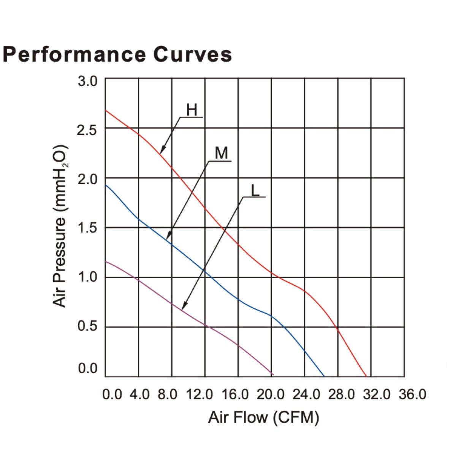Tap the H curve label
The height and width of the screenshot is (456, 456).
click(x=192, y=110)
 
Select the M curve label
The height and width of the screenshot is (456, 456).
click(x=221, y=154)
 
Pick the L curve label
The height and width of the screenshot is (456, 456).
click(x=255, y=190)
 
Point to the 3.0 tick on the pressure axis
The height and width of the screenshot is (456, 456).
click(x=88, y=81)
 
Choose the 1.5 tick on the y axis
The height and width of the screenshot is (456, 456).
click(x=88, y=229)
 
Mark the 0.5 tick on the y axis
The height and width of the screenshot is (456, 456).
click(x=88, y=327)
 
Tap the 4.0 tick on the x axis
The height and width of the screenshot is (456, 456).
click(x=140, y=394)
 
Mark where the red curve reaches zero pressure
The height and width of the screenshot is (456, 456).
click(x=366, y=376)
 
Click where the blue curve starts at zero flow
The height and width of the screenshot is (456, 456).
click(x=106, y=185)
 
